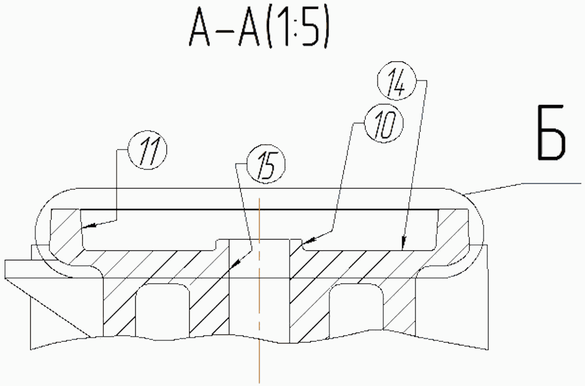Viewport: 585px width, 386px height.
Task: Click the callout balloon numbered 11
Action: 148,150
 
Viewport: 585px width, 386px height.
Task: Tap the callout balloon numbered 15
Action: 266,165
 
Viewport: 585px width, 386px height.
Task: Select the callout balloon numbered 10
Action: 384,123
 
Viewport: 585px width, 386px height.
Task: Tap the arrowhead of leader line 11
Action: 88,226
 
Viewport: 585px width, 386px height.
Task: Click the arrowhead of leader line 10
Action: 309,239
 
